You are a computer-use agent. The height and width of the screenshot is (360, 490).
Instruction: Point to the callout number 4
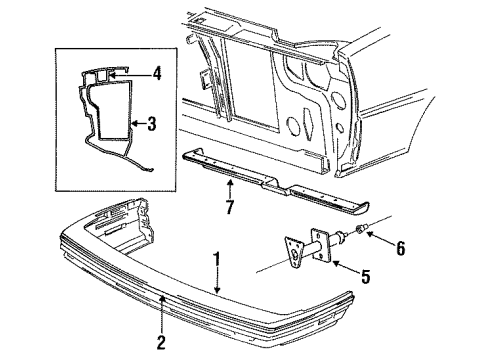(156, 73)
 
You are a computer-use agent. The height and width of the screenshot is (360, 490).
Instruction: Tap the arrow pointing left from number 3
(135, 125)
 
